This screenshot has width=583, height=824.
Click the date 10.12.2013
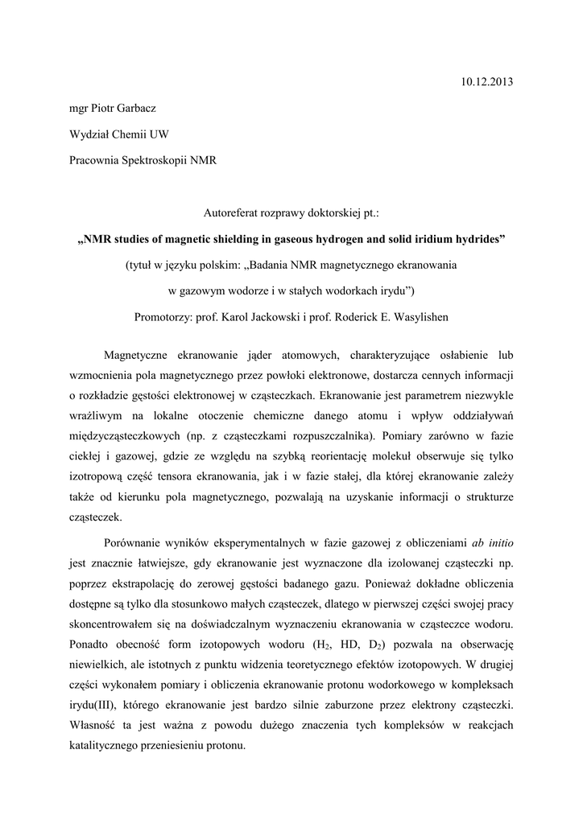[x=486, y=82]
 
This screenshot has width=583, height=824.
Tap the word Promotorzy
[x=167, y=316]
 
